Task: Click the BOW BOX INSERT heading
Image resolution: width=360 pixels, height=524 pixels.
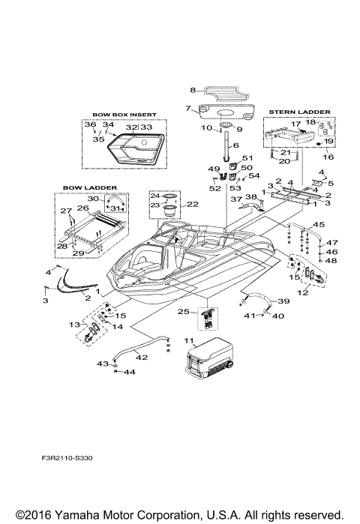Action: tap(124, 115)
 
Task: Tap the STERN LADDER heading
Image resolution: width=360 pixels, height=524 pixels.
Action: tap(299, 111)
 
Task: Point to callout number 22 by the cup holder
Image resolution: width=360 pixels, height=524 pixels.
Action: tap(192, 204)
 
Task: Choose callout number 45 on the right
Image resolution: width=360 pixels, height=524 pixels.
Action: tap(319, 225)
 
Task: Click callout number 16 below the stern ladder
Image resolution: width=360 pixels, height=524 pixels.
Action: tap(328, 158)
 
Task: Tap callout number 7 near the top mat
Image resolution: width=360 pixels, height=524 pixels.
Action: tap(188, 108)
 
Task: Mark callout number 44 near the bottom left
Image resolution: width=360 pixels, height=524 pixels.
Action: tap(129, 372)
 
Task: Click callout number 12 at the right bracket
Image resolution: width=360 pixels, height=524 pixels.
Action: tap(304, 292)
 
